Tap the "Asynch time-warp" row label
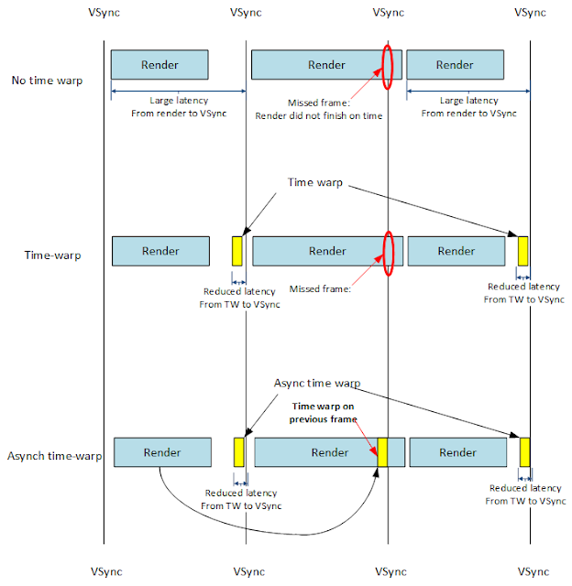click(54, 454)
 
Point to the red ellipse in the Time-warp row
click(389, 251)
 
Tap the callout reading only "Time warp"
click(314, 183)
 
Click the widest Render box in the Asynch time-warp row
click(316, 452)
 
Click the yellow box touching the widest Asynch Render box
click(382, 452)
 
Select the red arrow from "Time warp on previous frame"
click(367, 433)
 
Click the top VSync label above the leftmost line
click(104, 14)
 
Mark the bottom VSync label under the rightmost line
click(530, 570)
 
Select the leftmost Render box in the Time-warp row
click(160, 251)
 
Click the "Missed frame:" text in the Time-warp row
click(319, 288)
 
